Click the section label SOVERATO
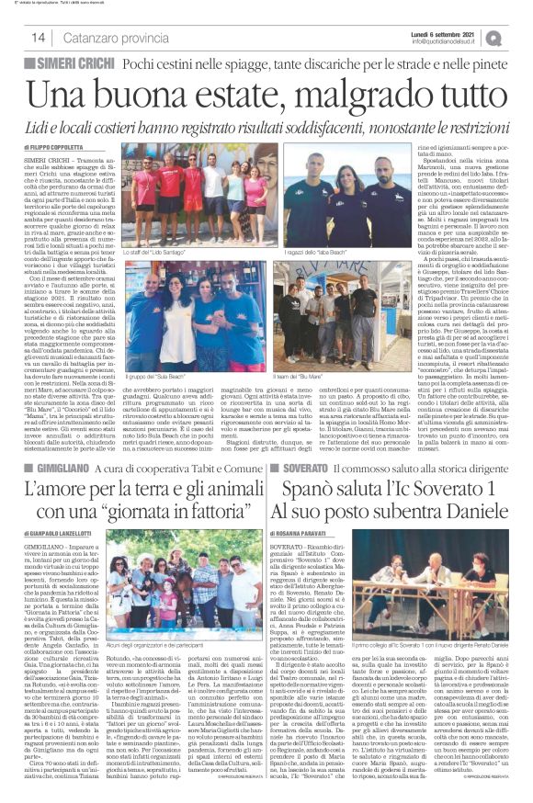coord(303,467)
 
